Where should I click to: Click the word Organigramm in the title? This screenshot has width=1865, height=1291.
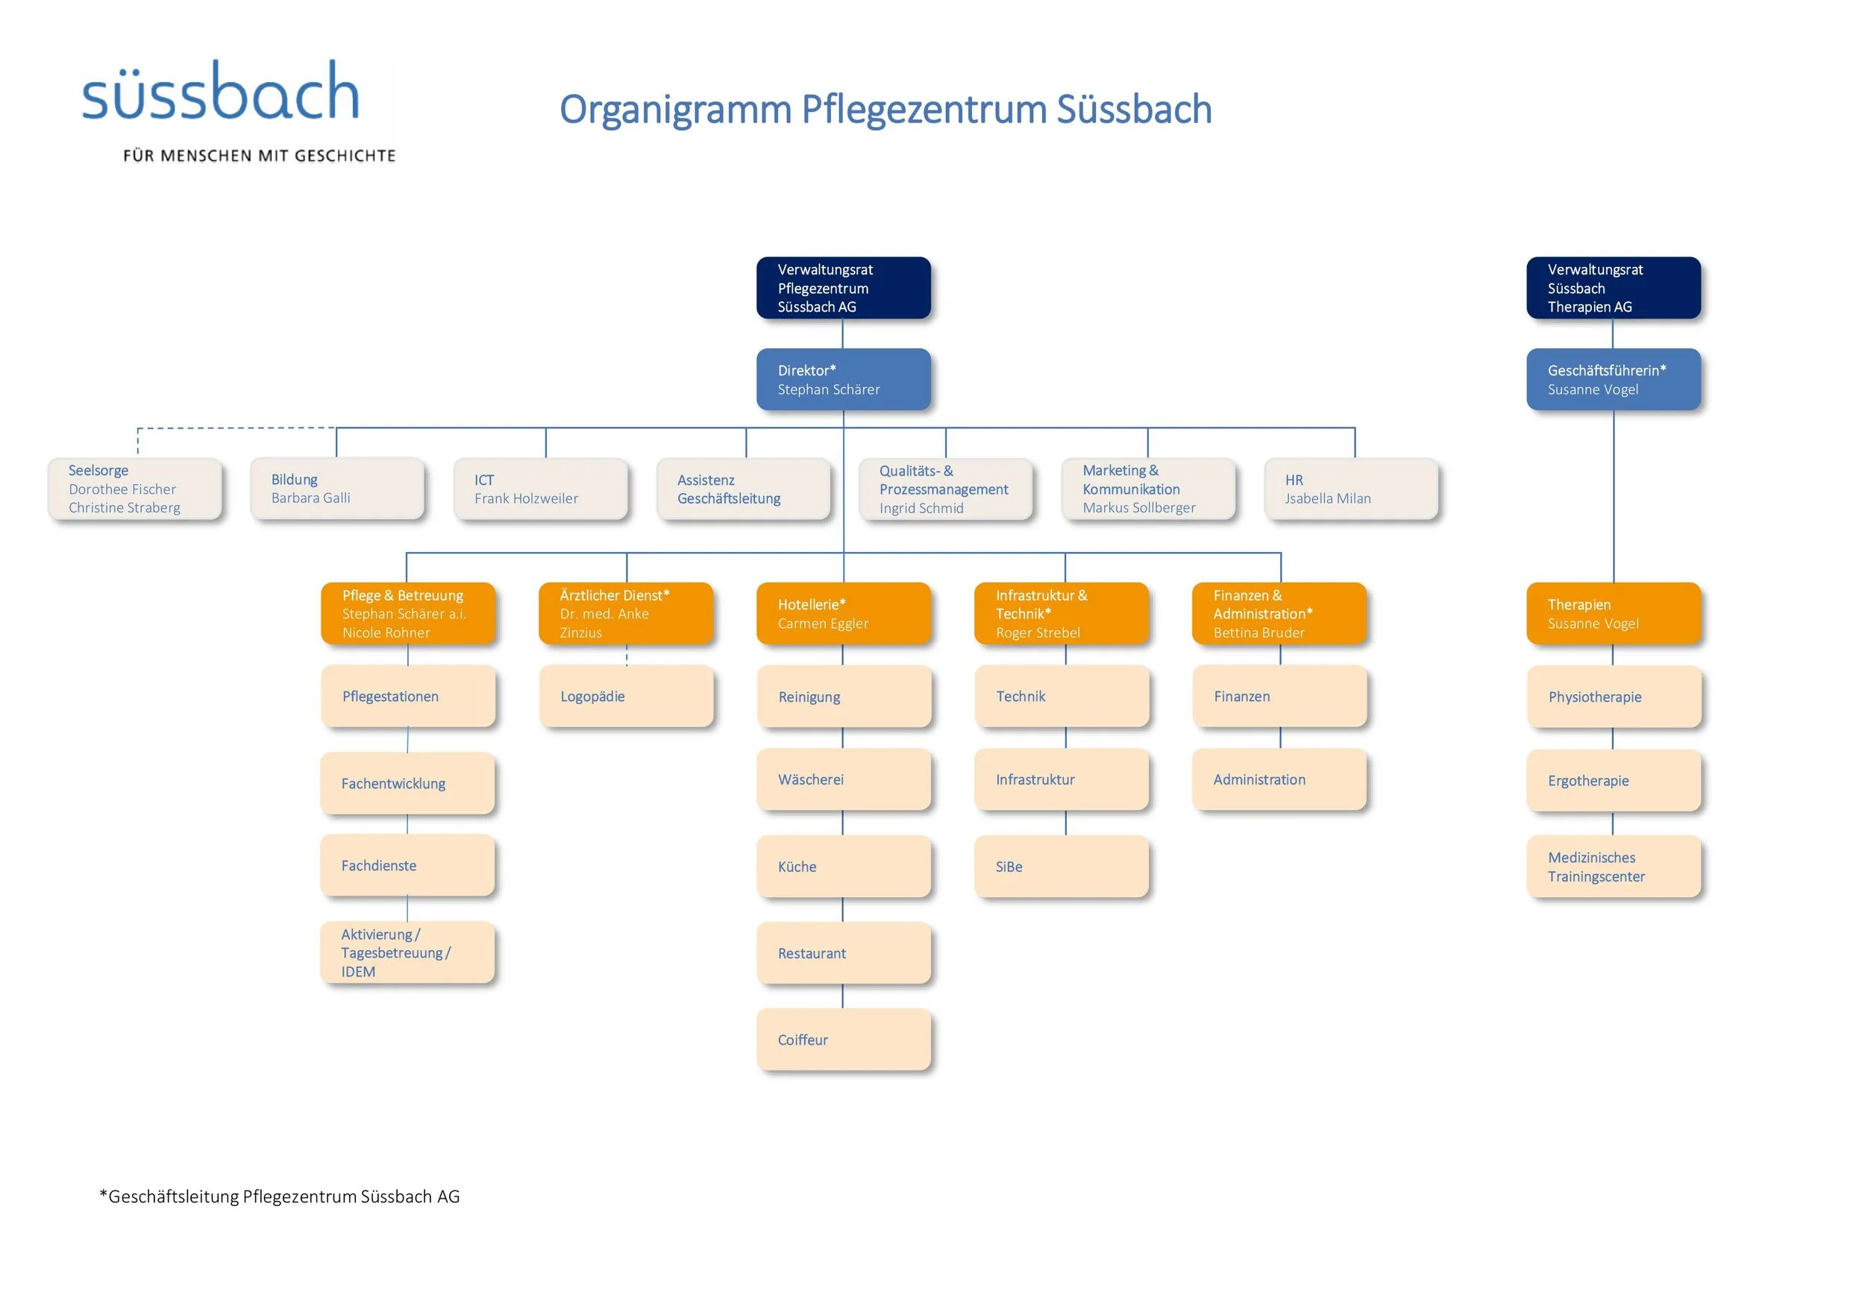coord(675,109)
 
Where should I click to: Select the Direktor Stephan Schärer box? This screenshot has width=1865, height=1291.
coord(843,380)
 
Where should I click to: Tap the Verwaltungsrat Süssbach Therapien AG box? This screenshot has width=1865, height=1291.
coord(1613,288)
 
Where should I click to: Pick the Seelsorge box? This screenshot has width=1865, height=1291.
coord(134,489)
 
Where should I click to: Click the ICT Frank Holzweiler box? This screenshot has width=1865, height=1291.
coord(541,489)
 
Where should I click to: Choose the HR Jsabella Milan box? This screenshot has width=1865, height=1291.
coord(1350,489)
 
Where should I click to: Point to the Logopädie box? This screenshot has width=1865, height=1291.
coord(626,697)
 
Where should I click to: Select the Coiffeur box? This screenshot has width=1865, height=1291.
coord(843,1040)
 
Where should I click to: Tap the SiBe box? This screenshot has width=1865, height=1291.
coord(1061,867)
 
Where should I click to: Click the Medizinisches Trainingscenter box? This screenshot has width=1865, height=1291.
coord(1613,867)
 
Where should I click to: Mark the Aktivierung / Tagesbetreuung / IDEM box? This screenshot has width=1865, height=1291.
coord(408,953)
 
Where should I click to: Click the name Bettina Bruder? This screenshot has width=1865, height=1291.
coord(1259,633)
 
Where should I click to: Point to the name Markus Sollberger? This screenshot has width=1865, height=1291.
coord(1138,508)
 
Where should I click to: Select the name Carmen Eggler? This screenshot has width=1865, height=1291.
coord(823,623)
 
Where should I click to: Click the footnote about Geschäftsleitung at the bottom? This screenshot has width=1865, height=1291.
coord(279,1196)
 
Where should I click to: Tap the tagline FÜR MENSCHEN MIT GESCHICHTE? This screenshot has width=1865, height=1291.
coord(259,155)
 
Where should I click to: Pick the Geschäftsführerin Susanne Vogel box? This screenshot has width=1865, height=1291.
coord(1613,380)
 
